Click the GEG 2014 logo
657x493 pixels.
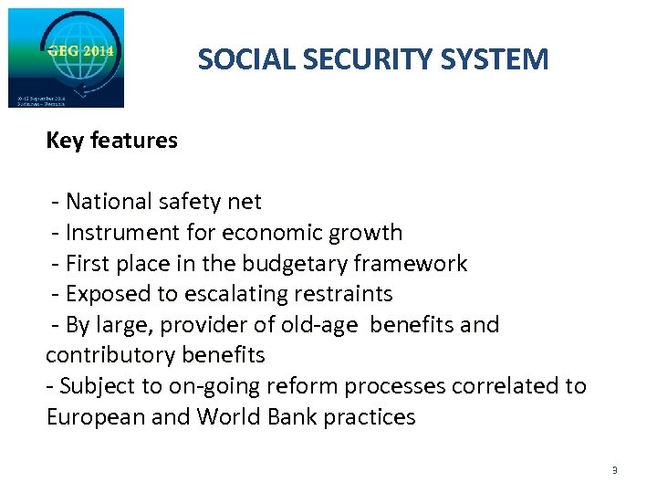(x=66, y=58)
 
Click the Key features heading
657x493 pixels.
(x=111, y=141)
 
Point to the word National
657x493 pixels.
(x=109, y=202)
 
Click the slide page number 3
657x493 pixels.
(x=614, y=470)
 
